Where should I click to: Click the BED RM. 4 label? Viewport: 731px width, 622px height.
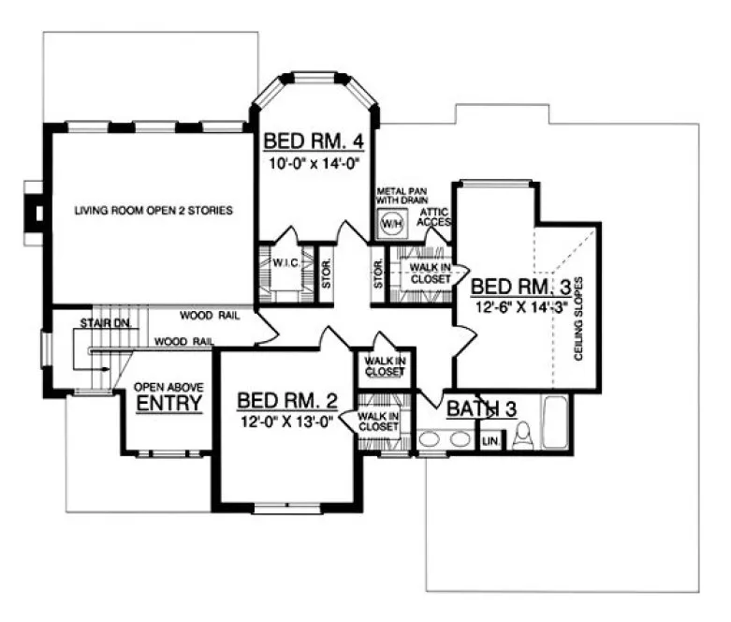(313, 141)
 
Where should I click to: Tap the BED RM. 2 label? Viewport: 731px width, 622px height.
(286, 402)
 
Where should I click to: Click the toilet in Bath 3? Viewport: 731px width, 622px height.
(522, 436)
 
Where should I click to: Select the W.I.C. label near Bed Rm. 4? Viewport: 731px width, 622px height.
(285, 263)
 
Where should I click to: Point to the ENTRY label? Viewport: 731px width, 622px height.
(169, 404)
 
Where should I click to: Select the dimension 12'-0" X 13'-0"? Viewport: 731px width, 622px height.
(286, 422)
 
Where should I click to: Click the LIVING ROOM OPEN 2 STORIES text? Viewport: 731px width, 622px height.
(154, 210)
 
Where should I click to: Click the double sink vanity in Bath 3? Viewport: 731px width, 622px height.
(444, 438)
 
